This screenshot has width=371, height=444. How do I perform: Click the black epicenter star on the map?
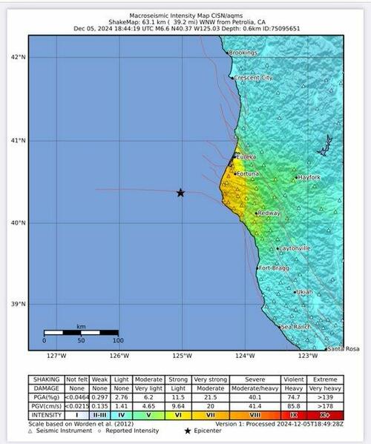(x=180, y=193)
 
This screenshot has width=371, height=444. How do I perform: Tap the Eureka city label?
(x=247, y=157)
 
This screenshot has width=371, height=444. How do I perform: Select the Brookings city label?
(x=243, y=53)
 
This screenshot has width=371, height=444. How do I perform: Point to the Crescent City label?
(x=254, y=77)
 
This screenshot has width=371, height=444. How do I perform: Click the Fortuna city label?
(x=248, y=173)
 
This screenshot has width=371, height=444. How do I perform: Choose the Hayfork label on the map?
(x=308, y=178)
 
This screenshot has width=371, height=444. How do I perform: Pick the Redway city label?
(x=269, y=213)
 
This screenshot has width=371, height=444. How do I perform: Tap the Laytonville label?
(x=295, y=248)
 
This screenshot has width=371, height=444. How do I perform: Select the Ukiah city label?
(x=304, y=292)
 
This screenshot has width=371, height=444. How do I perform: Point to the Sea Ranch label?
(x=296, y=326)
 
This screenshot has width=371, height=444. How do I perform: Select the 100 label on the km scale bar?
(x=117, y=340)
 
